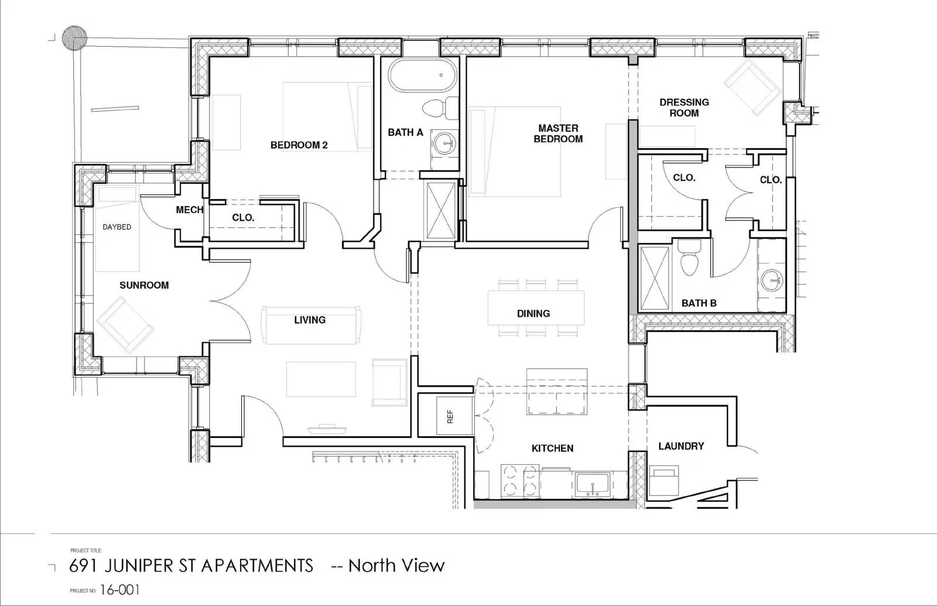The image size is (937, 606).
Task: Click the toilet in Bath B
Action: point(689,258)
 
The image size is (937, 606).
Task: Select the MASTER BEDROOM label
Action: point(558,133)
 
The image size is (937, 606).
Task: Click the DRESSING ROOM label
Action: point(684,107)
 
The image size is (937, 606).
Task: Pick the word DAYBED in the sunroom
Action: point(117,227)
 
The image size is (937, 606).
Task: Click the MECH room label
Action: point(190,210)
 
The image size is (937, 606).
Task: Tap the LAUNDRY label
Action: point(681,446)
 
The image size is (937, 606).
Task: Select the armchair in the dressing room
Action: point(753,86)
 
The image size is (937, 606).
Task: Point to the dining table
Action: point(535,308)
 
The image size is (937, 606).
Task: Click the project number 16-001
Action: point(120,590)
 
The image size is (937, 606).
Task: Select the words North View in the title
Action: point(396,566)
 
